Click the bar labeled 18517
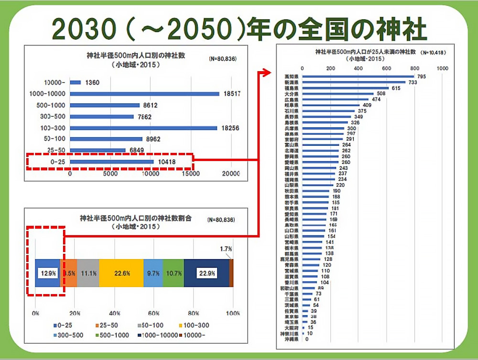tap(145, 94)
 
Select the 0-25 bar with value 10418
tap(112, 162)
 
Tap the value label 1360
tap(92, 82)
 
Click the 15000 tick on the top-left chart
tap(192, 174)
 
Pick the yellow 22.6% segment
tap(121, 273)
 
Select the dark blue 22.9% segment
tap(206, 273)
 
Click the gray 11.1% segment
tap(88, 273)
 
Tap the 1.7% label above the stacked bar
tap(226, 249)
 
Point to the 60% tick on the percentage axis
tap(154, 313)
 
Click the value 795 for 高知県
tap(421, 76)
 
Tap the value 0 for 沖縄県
tap(306, 339)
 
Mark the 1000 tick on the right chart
tap(442, 69)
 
